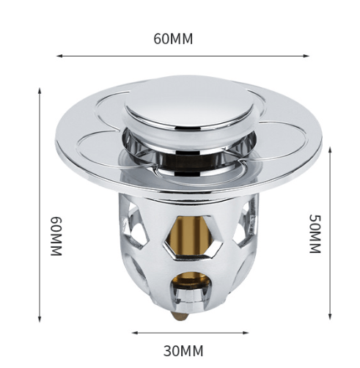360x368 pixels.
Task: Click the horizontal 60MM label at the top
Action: (173, 39)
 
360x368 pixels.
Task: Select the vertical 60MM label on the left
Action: (56, 236)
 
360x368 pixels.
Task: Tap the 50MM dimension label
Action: (315, 234)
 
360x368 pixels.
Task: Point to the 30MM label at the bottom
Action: (183, 351)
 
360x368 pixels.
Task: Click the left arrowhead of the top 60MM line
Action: (59, 56)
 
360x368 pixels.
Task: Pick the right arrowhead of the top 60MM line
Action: (306, 56)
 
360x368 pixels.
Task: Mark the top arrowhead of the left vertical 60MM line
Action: (40, 91)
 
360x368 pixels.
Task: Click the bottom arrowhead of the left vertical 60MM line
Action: (40, 319)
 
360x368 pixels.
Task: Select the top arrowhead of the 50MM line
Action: (330, 150)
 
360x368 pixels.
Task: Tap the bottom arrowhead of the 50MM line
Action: (330, 316)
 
